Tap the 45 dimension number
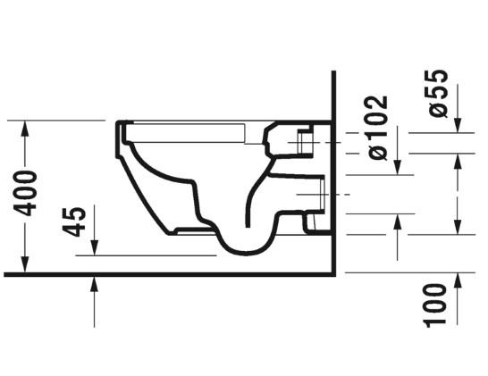pos(78,221)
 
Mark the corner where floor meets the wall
pos(333,273)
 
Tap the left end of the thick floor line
pos(5,273)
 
